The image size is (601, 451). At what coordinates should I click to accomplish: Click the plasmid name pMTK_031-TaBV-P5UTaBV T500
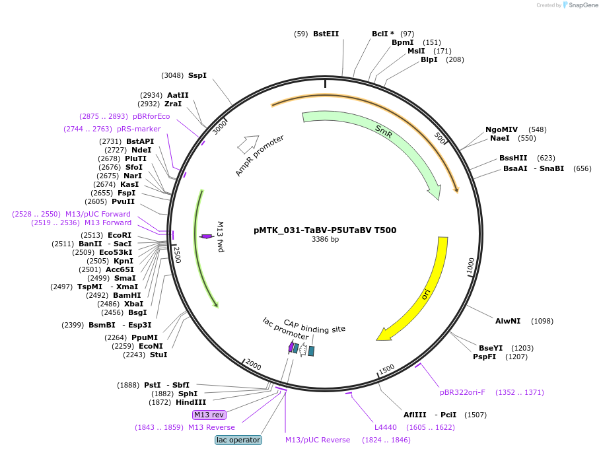tap(325, 230)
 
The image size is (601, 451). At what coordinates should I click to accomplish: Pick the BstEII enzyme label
tap(326, 34)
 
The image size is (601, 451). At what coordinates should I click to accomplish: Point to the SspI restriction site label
tap(197, 75)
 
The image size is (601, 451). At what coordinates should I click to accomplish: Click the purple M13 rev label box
tap(209, 415)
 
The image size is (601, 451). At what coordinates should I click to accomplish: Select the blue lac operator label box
tap(238, 440)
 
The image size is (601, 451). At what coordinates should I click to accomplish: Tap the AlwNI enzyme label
tap(508, 321)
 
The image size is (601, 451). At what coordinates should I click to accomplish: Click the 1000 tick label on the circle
tap(471, 266)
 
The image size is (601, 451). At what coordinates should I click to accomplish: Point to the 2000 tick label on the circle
tap(253, 364)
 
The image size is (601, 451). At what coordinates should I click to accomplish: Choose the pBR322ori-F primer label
tap(462, 392)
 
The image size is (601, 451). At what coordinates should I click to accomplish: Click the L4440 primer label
tap(385, 427)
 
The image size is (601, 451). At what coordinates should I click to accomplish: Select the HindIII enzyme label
tap(191, 402)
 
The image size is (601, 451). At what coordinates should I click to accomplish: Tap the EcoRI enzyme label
tap(120, 235)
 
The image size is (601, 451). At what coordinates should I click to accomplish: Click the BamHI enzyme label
tap(127, 295)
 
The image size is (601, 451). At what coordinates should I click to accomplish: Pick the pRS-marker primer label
tap(139, 129)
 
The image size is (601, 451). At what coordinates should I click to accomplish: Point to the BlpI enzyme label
tap(429, 60)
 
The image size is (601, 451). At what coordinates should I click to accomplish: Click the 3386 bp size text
tap(325, 239)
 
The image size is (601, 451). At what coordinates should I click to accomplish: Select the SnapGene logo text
tap(583, 5)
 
